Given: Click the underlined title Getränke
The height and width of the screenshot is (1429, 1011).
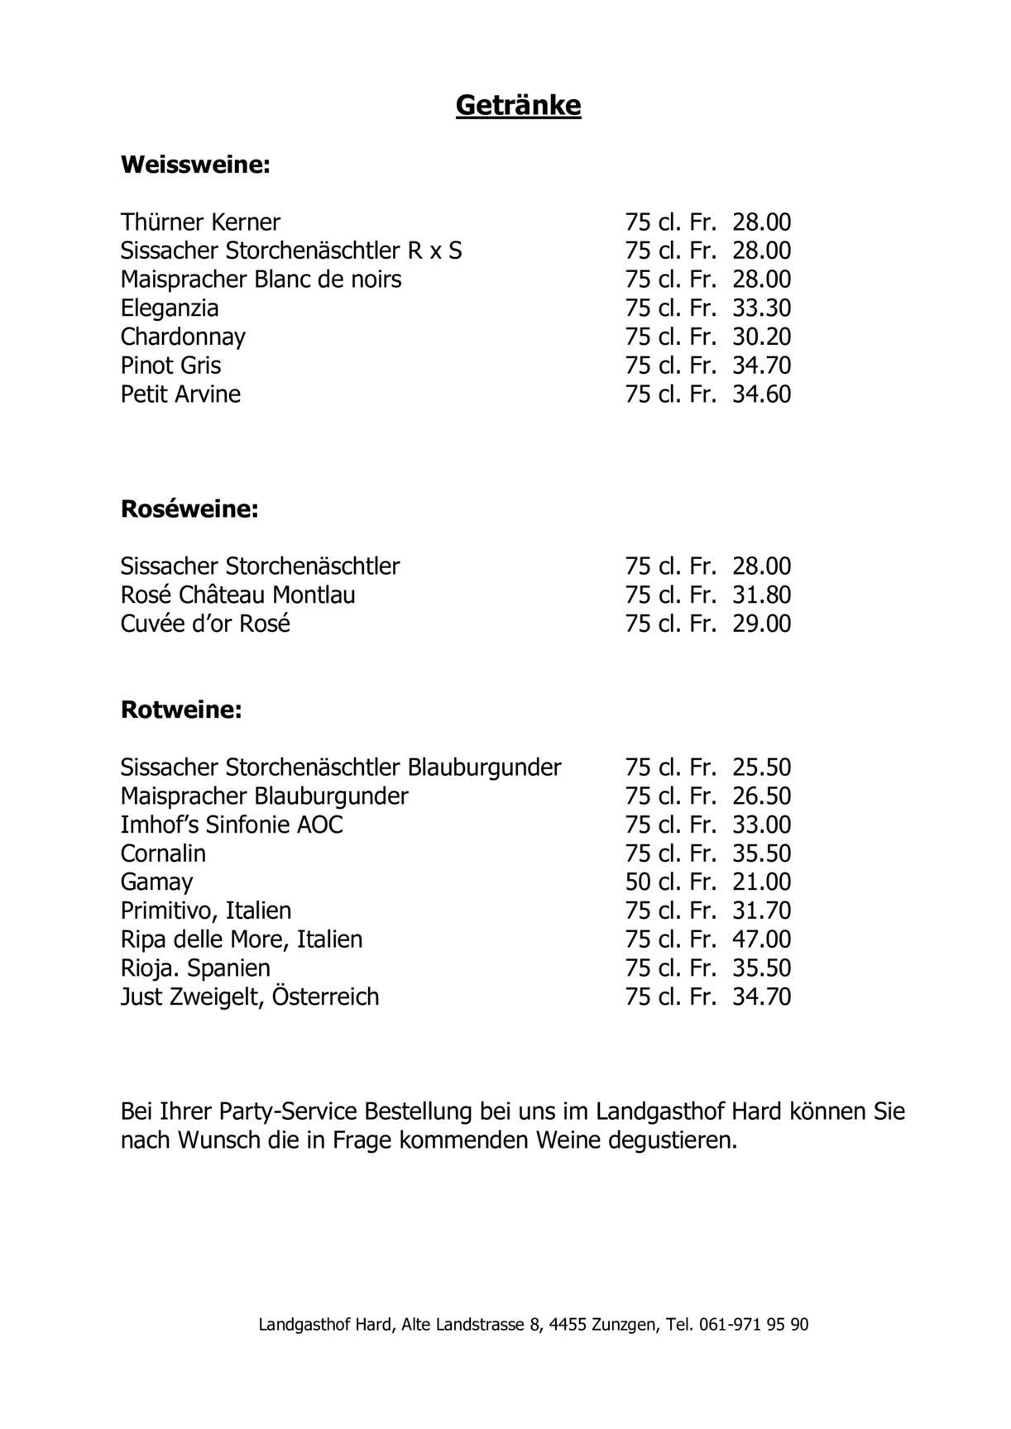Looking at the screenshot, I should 518,106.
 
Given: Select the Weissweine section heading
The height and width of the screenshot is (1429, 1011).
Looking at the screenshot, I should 195,165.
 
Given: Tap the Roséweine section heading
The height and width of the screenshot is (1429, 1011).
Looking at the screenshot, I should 189,509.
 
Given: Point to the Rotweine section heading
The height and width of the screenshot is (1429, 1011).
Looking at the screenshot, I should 181,710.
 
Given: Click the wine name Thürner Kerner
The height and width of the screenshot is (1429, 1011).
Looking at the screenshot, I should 200,222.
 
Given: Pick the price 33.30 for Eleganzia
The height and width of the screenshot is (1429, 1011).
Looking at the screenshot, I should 761,308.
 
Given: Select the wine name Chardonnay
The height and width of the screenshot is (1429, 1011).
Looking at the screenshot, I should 183,337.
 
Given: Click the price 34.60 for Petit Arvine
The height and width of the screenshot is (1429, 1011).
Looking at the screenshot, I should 761,394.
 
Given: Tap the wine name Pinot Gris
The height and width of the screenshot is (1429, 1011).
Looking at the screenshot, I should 170,366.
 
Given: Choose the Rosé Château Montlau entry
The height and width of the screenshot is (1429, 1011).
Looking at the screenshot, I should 237,595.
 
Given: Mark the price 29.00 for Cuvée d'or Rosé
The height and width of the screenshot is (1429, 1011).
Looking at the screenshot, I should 761,624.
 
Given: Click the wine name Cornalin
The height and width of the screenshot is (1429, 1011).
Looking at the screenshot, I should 163,853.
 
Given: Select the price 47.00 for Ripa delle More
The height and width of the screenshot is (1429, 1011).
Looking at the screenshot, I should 761,939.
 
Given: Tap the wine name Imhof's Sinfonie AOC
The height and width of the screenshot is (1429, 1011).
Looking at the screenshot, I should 232,824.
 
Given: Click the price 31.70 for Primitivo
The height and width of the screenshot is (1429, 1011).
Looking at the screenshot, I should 761,910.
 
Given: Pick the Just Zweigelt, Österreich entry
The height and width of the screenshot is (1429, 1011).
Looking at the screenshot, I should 250,996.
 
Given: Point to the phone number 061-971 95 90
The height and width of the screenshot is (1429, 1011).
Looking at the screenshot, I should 754,1324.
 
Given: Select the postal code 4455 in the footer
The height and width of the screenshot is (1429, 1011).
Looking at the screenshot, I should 568,1324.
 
